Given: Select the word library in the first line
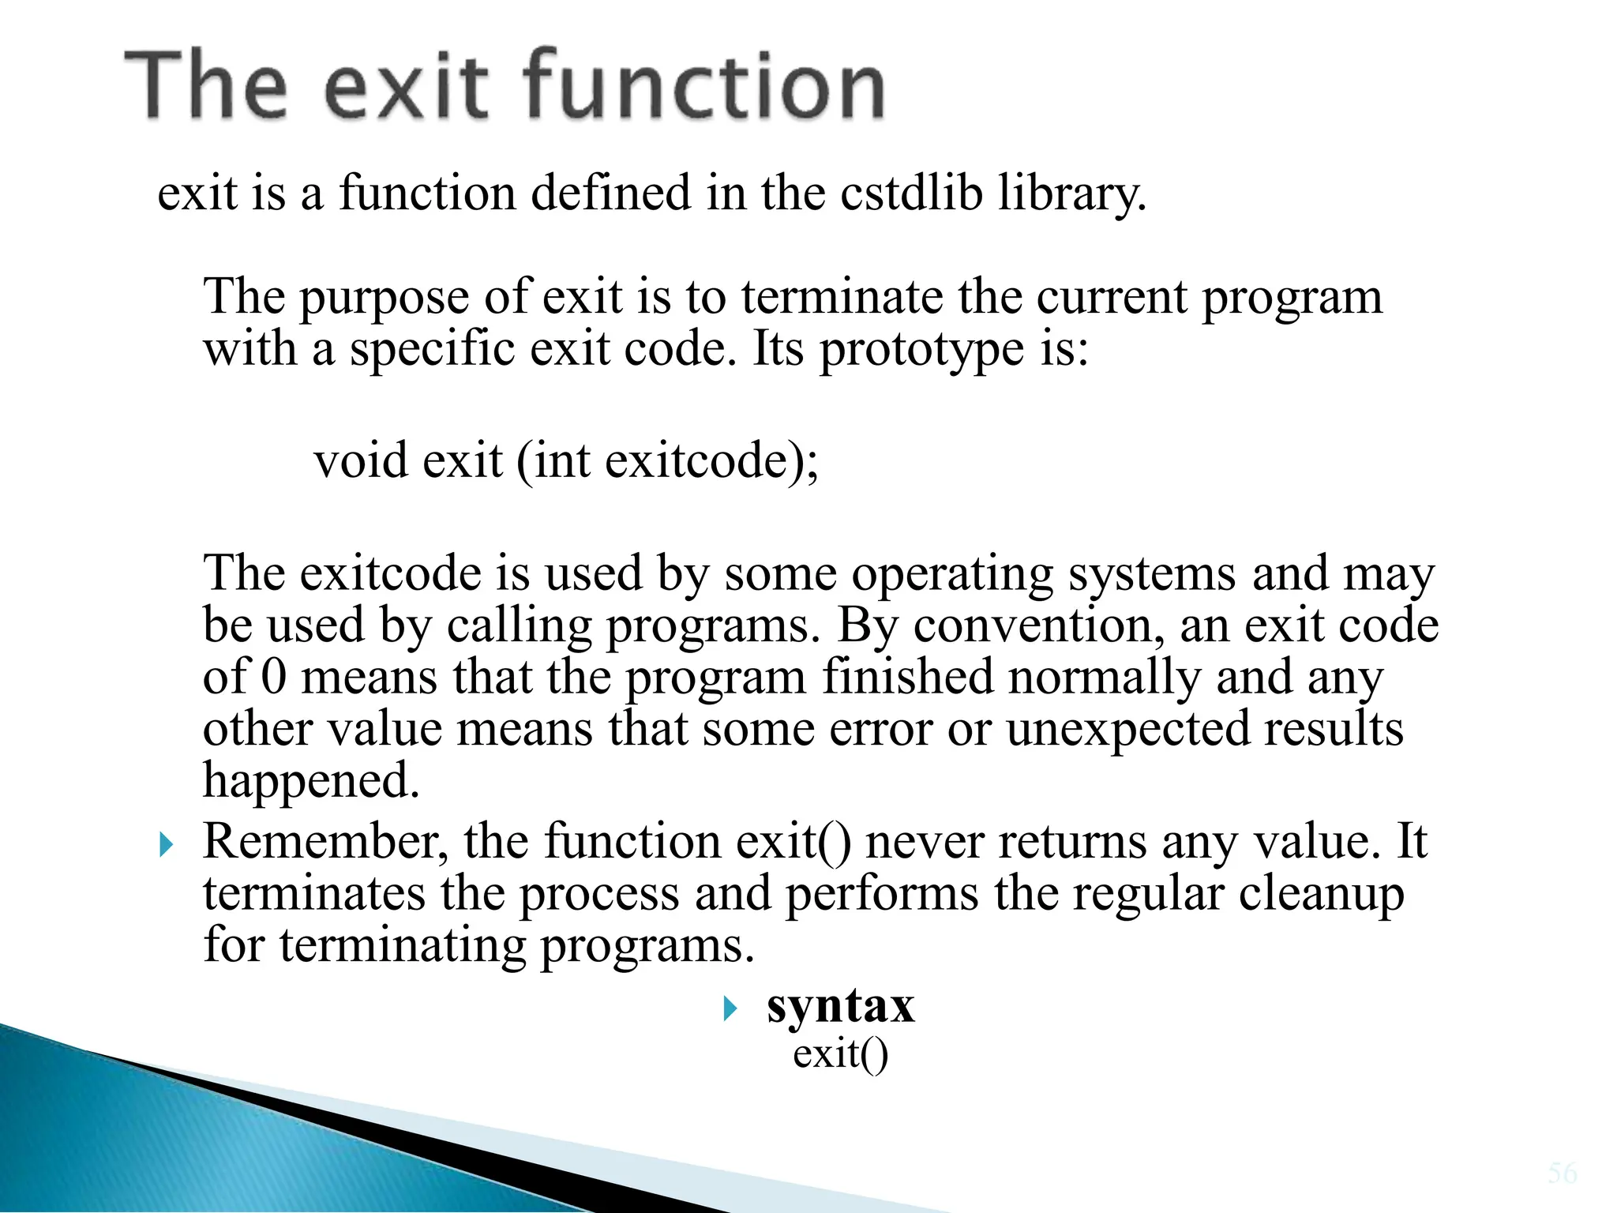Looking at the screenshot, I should pyautogui.click(x=1071, y=193).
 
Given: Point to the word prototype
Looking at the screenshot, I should pyautogui.click(x=921, y=350).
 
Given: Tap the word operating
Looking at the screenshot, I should pyautogui.click(x=952, y=575).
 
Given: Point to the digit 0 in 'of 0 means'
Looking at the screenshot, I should pyautogui.click(x=273, y=677).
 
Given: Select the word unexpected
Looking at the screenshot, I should pyautogui.click(x=1128, y=730).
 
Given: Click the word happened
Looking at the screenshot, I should pyautogui.click(x=311, y=782).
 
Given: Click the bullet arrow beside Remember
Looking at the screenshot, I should pyautogui.click(x=166, y=846).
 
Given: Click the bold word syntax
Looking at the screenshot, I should pyautogui.click(x=840, y=1007).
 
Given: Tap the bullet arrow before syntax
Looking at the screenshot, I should pyautogui.click(x=730, y=1008).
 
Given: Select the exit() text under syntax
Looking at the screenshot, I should pyautogui.click(x=840, y=1054).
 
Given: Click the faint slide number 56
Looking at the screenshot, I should pyautogui.click(x=1563, y=1173).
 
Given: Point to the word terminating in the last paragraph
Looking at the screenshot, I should pyautogui.click(x=402, y=946).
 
